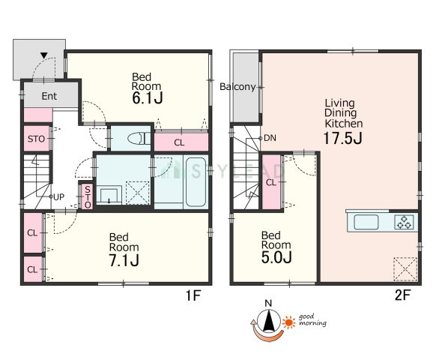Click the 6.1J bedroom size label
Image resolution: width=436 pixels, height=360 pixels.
click(x=148, y=98)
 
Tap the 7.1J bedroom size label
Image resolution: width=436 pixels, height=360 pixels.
click(x=124, y=260)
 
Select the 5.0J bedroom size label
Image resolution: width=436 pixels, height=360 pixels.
click(x=276, y=257)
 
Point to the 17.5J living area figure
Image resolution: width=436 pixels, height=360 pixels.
click(x=343, y=138)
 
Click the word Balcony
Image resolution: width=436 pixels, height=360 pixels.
click(x=237, y=87)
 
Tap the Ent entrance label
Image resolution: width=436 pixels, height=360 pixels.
click(x=49, y=96)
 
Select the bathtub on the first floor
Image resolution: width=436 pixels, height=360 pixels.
click(x=196, y=182)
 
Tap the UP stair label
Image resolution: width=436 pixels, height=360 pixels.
click(x=58, y=197)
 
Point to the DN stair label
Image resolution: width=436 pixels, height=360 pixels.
click(x=270, y=138)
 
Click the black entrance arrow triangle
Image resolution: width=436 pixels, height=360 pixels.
click(x=44, y=55)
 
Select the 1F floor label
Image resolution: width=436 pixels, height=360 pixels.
click(x=193, y=295)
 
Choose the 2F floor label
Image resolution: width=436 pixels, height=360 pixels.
click(x=402, y=295)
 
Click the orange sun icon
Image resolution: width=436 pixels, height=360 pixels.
click(x=289, y=322)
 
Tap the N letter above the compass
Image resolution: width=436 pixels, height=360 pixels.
click(x=268, y=304)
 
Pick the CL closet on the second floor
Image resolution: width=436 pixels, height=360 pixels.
click(x=271, y=182)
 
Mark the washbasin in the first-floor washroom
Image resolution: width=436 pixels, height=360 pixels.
click(x=109, y=196)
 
